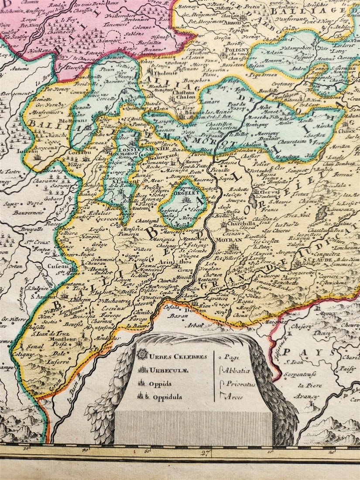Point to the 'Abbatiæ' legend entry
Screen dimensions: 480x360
[237, 370]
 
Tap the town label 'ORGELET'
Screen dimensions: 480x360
[186, 191]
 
